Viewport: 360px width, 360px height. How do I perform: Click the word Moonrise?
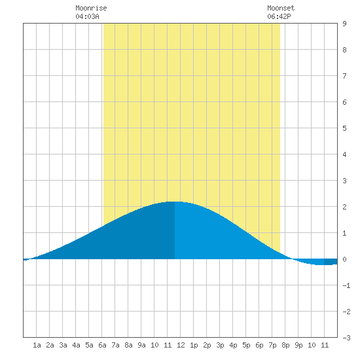[91, 8]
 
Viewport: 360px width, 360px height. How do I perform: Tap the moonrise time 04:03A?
[87, 16]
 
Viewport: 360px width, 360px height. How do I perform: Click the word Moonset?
[281, 8]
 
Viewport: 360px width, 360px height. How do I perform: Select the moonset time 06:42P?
[279, 16]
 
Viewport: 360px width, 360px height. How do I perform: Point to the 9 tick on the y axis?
[344, 24]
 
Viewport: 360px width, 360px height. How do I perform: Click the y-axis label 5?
[344, 128]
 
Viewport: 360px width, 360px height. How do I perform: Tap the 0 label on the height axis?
[344, 259]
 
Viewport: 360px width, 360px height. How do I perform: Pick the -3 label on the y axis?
[346, 338]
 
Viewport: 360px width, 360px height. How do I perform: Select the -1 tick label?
[346, 285]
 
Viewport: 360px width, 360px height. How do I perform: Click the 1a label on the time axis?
[37, 345]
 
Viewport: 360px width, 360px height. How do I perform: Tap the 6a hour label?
[102, 345]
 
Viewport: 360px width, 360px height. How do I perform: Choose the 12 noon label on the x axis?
[181, 345]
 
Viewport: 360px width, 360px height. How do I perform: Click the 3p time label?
[220, 345]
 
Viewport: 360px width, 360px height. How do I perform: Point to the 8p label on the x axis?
[285, 345]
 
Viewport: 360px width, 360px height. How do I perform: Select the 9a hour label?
[141, 345]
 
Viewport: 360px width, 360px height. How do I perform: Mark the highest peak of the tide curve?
[175, 202]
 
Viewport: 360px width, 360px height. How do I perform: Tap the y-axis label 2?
[344, 207]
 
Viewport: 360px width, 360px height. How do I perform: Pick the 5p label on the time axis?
[246, 345]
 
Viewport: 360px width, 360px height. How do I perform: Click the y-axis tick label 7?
[344, 76]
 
